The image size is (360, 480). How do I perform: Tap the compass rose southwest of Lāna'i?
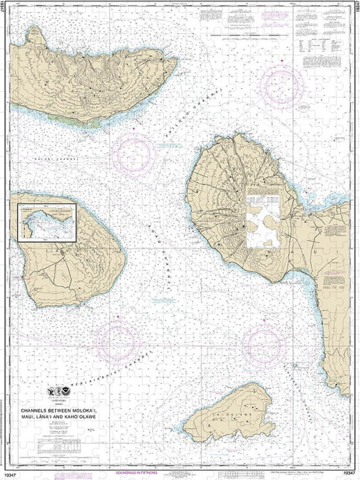[116, 340]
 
